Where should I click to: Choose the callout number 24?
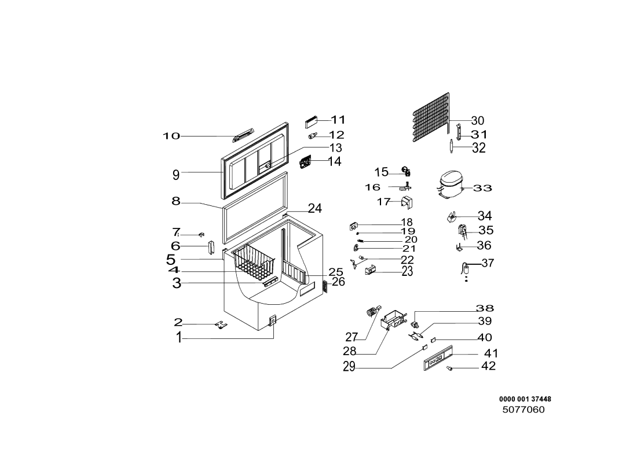pyautogui.click(x=314, y=208)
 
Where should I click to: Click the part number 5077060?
pyautogui.click(x=523, y=410)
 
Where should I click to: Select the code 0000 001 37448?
pyautogui.click(x=525, y=399)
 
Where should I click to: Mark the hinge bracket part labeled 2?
pyautogui.click(x=221, y=324)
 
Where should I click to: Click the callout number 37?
pyautogui.click(x=488, y=263)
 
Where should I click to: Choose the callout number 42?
pyautogui.click(x=488, y=366)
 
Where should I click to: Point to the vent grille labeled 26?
pyautogui.click(x=324, y=286)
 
